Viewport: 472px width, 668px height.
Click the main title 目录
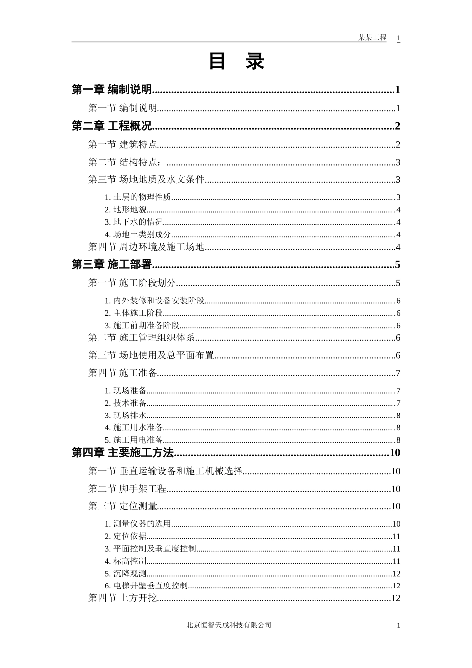coord(236,62)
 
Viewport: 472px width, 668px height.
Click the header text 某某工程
coord(372,38)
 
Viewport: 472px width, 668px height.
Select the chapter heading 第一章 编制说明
coord(112,90)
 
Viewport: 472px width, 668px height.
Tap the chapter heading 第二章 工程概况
coord(112,126)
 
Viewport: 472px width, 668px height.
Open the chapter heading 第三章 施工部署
coord(112,265)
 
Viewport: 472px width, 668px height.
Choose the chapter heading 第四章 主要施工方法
coord(123,453)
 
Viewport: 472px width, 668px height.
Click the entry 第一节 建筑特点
coord(123,145)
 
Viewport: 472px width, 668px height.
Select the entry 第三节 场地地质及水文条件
coord(147,180)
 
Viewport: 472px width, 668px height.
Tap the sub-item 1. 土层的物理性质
coord(138,197)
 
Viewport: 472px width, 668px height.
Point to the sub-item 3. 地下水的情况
coord(134,222)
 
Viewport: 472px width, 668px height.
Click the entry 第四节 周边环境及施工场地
coord(147,247)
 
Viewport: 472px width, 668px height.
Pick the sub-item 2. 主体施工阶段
coord(134,313)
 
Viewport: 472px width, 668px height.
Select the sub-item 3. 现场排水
coord(126,416)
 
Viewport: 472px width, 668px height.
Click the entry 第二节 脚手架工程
coord(128,489)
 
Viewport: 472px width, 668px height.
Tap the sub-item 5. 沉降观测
coord(126,574)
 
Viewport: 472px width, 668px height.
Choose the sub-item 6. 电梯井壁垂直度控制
coord(147,586)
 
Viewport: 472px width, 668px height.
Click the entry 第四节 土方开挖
coord(123,598)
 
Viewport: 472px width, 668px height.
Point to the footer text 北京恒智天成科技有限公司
coord(229,625)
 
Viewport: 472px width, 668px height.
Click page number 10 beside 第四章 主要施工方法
coord(395,453)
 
